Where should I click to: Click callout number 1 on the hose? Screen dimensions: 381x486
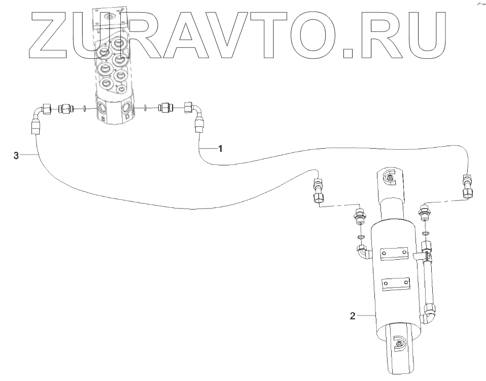220,148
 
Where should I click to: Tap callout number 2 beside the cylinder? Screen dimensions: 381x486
353,316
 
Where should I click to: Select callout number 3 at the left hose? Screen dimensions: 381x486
16,156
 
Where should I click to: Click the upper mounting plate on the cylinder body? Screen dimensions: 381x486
394,255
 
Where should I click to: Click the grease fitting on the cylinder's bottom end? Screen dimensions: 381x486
399,343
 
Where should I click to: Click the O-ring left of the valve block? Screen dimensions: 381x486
83,108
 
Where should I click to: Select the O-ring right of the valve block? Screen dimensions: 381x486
146,107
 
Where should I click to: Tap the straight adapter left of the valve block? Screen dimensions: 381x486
66,108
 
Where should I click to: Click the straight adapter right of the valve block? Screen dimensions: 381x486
166,107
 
